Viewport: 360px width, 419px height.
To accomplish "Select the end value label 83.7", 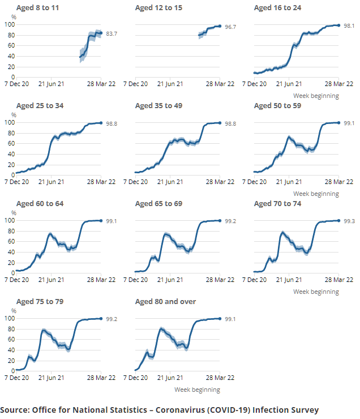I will [112, 34].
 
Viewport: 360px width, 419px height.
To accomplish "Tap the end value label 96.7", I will [230, 27].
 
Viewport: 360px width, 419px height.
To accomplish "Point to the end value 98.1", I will [349, 25].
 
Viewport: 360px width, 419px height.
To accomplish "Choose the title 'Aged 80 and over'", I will [165, 302].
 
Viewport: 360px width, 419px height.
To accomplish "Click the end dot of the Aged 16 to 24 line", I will [338, 25].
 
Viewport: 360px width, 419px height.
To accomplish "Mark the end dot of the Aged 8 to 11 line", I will [101, 33].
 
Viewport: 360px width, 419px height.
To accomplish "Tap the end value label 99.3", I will [349, 221].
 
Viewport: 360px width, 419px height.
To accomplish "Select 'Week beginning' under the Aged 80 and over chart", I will [197, 390].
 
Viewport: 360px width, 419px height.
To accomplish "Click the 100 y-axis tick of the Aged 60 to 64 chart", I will [9, 221].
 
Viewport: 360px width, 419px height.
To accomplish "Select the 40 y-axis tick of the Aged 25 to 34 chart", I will [9, 154].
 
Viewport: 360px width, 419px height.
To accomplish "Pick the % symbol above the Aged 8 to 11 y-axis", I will [14, 17].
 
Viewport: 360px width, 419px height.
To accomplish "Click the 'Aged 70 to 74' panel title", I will [277, 204].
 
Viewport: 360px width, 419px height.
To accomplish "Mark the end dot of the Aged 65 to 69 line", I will [220, 221].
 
